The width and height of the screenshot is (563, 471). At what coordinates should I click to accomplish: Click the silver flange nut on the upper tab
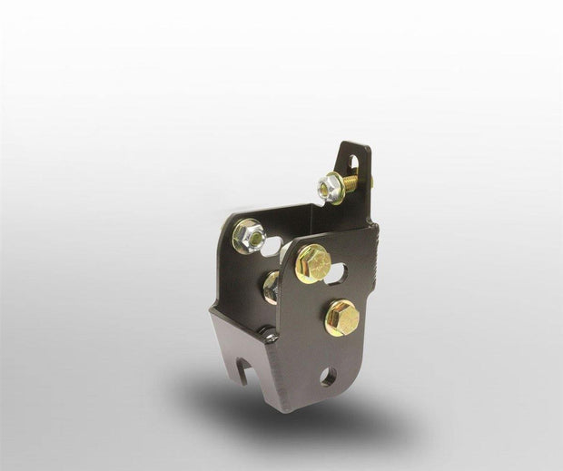pyautogui.click(x=330, y=188)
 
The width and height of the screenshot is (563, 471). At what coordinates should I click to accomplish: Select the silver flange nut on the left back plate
pyautogui.click(x=247, y=236)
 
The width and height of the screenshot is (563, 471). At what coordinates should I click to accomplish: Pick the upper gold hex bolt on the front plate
pyautogui.click(x=311, y=263)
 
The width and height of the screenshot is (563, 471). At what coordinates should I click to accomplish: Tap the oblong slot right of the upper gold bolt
pyautogui.click(x=336, y=270)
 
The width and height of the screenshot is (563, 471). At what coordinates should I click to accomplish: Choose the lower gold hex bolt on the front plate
pyautogui.click(x=341, y=317)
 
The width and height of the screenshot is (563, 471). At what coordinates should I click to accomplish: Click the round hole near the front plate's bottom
pyautogui.click(x=328, y=375)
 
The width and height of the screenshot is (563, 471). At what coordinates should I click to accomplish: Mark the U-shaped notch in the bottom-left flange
pyautogui.click(x=242, y=370)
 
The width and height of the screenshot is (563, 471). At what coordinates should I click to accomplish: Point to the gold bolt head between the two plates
pyautogui.click(x=272, y=287)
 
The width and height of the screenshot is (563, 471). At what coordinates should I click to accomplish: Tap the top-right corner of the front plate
pyautogui.click(x=373, y=230)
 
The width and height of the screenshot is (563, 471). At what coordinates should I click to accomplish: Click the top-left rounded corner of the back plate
pyautogui.click(x=222, y=219)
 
